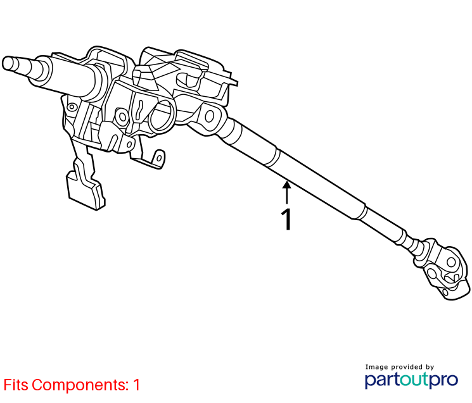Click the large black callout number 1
pyautogui.click(x=287, y=220)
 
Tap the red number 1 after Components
pyautogui.click(x=137, y=385)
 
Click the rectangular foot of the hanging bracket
pyautogui.click(x=86, y=190)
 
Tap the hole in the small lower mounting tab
pyautogui.click(x=159, y=157)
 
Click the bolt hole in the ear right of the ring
pyautogui.click(x=210, y=116)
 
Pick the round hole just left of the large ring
pyautogui.click(x=122, y=116)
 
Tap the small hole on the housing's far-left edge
pyautogui.click(x=72, y=107)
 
